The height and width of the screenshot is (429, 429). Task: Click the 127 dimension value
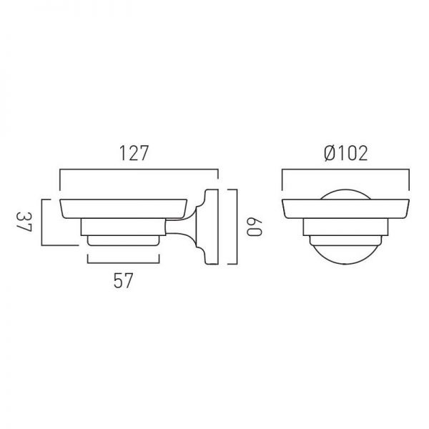click(x=134, y=153)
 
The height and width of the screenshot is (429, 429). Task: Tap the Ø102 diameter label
click(x=346, y=153)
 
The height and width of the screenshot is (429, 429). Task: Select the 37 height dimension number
click(x=24, y=222)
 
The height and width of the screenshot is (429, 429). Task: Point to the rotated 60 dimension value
click(x=254, y=227)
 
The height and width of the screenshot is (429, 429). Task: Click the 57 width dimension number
click(x=123, y=281)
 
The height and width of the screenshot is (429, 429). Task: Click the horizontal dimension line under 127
click(x=139, y=170)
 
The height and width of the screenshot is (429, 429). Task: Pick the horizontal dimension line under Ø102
click(x=345, y=170)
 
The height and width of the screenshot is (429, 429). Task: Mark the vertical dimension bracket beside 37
click(x=42, y=222)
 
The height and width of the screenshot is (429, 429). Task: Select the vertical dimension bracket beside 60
click(x=237, y=227)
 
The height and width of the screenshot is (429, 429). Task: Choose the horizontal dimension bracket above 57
click(x=124, y=263)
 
